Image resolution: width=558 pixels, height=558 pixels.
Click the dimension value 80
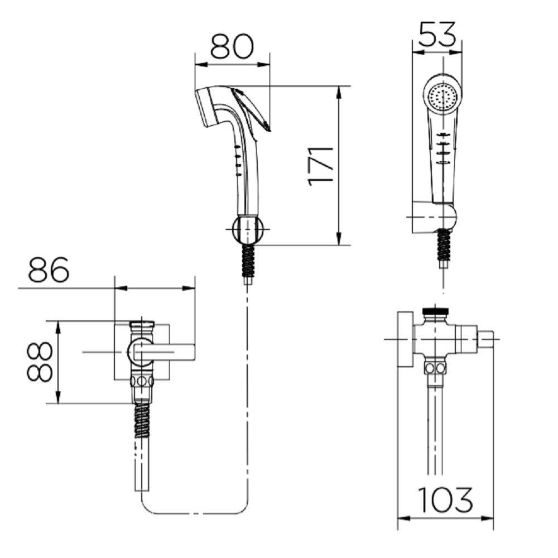232,46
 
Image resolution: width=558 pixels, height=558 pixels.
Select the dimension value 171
320,166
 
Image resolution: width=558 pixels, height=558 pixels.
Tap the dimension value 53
437,34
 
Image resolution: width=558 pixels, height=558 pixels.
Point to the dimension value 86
49,270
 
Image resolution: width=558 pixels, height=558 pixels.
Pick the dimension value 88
40,362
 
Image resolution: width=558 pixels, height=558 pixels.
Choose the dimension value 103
445,499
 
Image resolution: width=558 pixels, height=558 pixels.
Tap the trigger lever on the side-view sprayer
251,109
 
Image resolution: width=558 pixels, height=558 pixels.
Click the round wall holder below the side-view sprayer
248,229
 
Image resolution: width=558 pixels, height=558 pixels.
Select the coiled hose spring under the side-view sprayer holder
248,261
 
